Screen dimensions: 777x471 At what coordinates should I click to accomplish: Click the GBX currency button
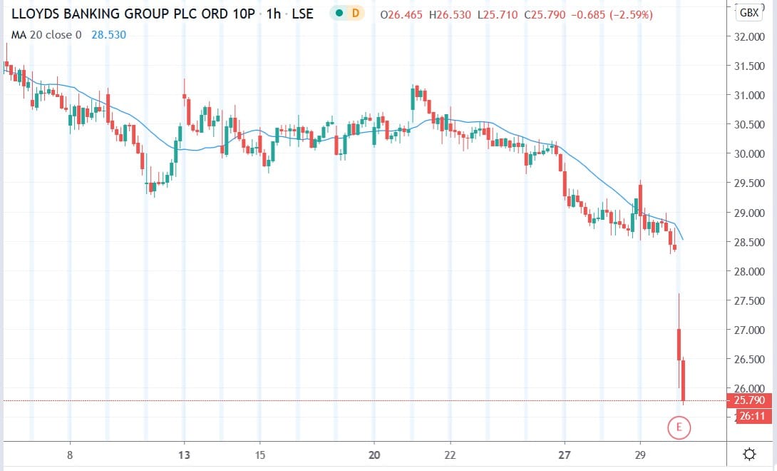click(x=748, y=12)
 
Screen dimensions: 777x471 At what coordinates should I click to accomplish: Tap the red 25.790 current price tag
click(x=748, y=400)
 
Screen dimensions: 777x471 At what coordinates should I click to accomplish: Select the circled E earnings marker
click(x=679, y=427)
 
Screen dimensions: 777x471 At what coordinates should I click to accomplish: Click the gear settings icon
click(x=749, y=454)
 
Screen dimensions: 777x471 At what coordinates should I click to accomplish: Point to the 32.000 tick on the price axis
click(x=748, y=36)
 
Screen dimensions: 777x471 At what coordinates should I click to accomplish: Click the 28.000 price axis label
click(x=748, y=271)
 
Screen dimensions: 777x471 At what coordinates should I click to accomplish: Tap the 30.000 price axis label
click(x=748, y=154)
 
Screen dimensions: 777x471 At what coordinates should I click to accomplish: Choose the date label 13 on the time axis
click(x=184, y=455)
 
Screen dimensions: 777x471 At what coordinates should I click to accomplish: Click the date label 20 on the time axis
click(x=374, y=455)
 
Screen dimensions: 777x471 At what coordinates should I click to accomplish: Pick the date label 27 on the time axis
click(x=565, y=455)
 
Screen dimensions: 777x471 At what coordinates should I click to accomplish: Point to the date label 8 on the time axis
click(x=70, y=455)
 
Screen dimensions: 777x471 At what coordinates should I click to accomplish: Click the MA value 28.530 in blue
click(x=108, y=35)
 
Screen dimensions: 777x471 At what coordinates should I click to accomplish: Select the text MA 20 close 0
click(x=46, y=35)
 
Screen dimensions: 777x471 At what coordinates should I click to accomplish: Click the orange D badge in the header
click(x=355, y=14)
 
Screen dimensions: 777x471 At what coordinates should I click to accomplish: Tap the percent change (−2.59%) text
click(x=628, y=15)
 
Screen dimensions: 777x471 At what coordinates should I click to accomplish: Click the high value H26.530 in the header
click(x=450, y=15)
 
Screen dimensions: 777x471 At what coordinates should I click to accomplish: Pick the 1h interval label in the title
click(x=273, y=14)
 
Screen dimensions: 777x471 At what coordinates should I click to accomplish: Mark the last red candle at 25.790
click(x=684, y=380)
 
